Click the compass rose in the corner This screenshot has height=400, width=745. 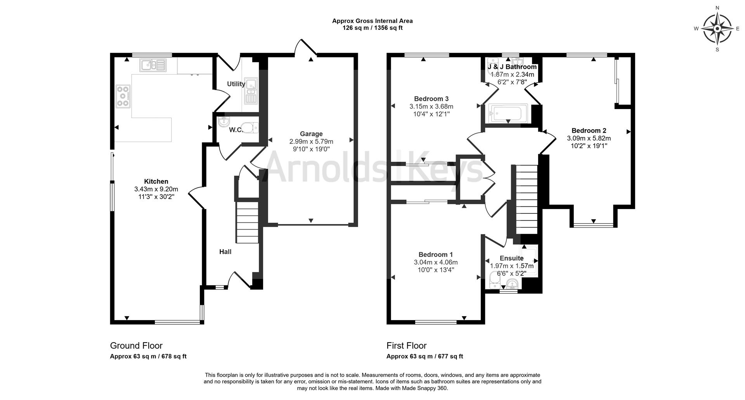pos(717,29)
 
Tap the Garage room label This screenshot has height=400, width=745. pos(311,134)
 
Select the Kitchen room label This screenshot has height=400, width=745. pos(156,181)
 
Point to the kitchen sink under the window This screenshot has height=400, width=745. pos(153,65)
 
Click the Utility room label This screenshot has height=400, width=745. pos(236,84)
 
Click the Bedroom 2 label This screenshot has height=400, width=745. pos(589,131)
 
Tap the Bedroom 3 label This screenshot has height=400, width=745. pos(431,99)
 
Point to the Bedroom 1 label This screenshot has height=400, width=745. pos(435,255)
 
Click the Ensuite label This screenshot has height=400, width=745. pos(511,258)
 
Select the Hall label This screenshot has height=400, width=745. pos(225,252)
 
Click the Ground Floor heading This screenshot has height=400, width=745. pos(136,346)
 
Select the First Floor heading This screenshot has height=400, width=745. pos(406,346)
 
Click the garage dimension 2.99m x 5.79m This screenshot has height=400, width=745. pos(311,142)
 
